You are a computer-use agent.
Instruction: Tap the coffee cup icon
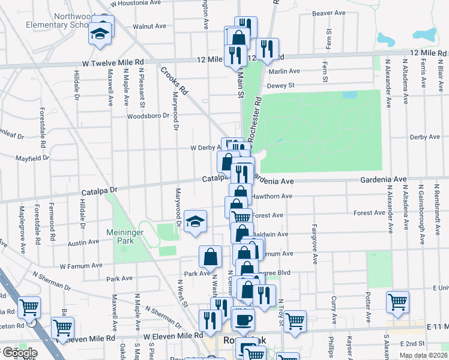pos(243,319)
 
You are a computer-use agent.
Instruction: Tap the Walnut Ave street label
pos(149,26)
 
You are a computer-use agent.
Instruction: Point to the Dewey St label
pos(280,85)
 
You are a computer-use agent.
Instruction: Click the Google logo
pos(19,353)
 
